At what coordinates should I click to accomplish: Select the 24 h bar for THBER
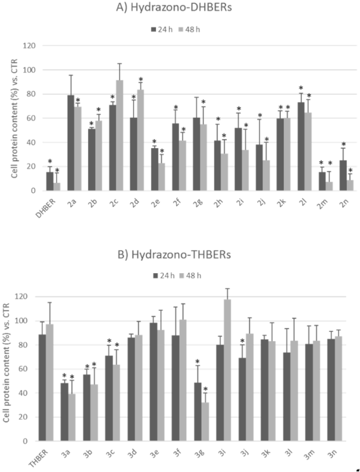pyautogui.click(x=42, y=387)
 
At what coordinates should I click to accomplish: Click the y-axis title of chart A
pyautogui.click(x=10, y=118)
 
